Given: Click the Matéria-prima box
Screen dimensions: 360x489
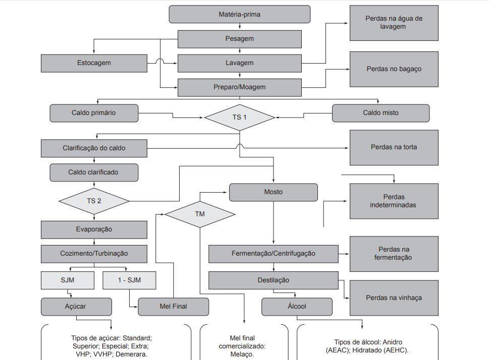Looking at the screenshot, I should pyautogui.click(x=239, y=14).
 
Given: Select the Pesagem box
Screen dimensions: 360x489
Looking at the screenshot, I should pyautogui.click(x=239, y=39).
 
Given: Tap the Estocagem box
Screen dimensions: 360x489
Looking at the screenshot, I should pyautogui.click(x=94, y=63).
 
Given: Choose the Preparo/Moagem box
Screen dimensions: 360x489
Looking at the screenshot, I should pyautogui.click(x=239, y=87).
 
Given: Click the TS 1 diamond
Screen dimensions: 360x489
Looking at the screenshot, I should pyautogui.click(x=239, y=117).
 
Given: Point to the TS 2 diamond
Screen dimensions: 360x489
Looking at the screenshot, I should pyautogui.click(x=94, y=201).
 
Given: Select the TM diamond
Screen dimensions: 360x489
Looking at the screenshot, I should pyautogui.click(x=200, y=214).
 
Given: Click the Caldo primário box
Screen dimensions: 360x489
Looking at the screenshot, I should pyautogui.click(x=94, y=113).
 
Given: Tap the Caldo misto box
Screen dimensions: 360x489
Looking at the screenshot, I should pyautogui.click(x=381, y=113).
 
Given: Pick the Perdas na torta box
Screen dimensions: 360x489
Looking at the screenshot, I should pyautogui.click(x=394, y=148).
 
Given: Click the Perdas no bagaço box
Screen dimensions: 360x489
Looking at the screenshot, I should pyautogui.click(x=394, y=69).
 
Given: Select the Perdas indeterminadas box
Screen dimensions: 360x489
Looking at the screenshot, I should pyautogui.click(x=394, y=201).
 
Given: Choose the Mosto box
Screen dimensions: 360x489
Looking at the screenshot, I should pyautogui.click(x=274, y=192).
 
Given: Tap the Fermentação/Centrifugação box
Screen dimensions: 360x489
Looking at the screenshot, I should pyautogui.click(x=273, y=254).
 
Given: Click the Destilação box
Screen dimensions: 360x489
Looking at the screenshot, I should pyautogui.click(x=273, y=280).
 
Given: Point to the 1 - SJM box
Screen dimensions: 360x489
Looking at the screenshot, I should pyautogui.click(x=129, y=280).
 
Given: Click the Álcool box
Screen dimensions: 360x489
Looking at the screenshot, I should pyautogui.click(x=297, y=306).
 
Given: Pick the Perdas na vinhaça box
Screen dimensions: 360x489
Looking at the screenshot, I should pyautogui.click(x=394, y=298).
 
